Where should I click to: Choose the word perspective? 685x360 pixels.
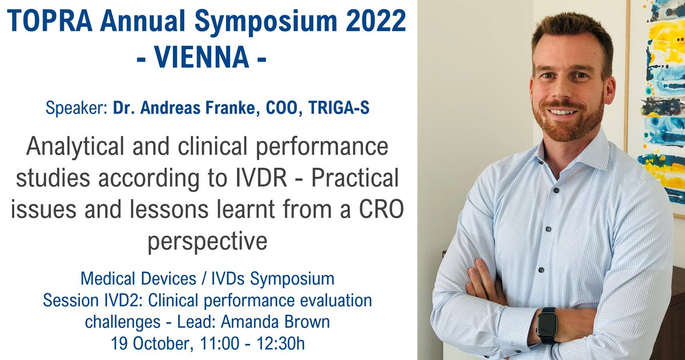point(207,241)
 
